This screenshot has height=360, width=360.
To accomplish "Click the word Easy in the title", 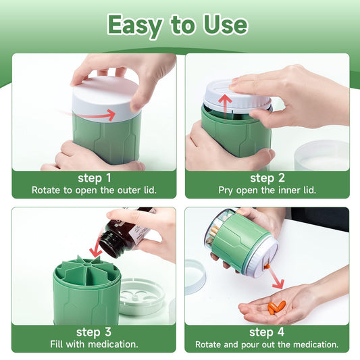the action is [135, 26].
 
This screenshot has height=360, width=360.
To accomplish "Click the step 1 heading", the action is [95, 178].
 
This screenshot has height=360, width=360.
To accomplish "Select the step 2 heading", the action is [267, 178].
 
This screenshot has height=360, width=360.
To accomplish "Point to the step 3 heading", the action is [94, 332].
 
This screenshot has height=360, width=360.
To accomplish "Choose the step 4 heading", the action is [267, 332].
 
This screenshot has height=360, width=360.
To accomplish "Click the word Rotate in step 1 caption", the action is [45, 190].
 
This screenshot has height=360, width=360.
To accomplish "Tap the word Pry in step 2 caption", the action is [226, 190].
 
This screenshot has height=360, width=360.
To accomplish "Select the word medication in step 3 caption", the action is [113, 344].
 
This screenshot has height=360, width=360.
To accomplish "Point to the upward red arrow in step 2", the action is [225, 106].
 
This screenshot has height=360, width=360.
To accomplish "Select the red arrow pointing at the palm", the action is [277, 279].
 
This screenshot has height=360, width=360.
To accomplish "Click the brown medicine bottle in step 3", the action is [124, 232].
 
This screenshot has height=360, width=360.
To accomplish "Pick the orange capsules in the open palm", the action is [277, 307].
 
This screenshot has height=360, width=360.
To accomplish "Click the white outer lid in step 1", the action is [106, 99].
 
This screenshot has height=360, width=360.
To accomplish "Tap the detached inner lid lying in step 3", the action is [143, 297].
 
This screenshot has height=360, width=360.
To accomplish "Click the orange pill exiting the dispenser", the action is [267, 267].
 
